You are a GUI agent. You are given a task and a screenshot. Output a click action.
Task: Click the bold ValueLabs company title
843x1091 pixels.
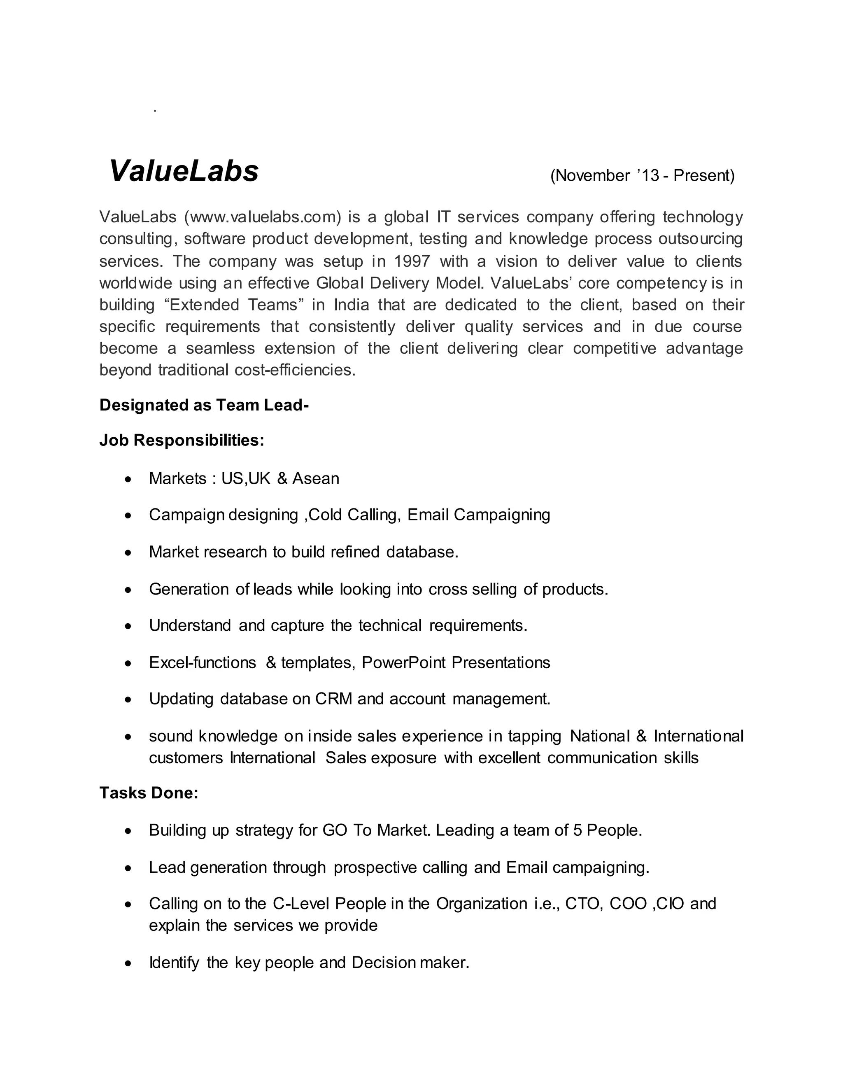pyautogui.click(x=184, y=171)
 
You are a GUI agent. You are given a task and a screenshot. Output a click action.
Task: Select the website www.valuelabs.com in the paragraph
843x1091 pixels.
pyautogui.click(x=263, y=217)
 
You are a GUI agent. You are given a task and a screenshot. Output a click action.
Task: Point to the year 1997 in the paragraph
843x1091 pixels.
pyautogui.click(x=412, y=261)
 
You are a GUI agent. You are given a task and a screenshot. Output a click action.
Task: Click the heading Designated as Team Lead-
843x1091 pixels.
pyautogui.click(x=204, y=405)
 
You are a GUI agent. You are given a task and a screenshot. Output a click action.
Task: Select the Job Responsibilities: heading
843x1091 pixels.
pyautogui.click(x=181, y=441)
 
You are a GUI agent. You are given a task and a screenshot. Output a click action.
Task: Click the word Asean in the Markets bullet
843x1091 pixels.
pyautogui.click(x=316, y=478)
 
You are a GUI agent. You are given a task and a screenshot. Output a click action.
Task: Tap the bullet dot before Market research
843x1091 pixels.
pyautogui.click(x=129, y=553)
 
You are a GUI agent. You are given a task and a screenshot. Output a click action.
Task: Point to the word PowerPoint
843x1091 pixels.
pyautogui.click(x=403, y=662)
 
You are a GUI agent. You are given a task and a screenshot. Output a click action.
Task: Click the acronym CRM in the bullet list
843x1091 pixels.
pyautogui.click(x=333, y=699)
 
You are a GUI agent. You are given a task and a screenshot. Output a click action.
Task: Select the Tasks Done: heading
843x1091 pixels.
pyautogui.click(x=149, y=793)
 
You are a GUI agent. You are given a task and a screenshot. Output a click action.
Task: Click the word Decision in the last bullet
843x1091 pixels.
pyautogui.click(x=384, y=963)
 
